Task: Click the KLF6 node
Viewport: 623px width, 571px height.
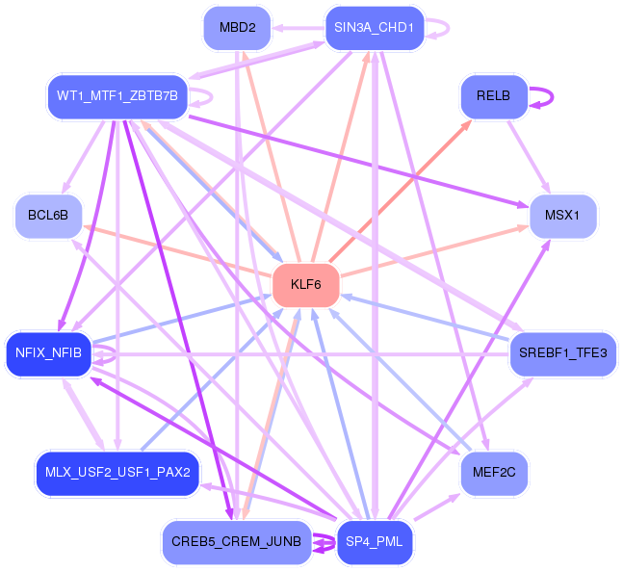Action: click(x=306, y=284)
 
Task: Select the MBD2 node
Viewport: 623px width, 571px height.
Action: click(x=237, y=28)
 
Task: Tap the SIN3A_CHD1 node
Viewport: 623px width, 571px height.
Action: click(x=375, y=28)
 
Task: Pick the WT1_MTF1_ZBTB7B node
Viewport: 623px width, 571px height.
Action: click(x=117, y=96)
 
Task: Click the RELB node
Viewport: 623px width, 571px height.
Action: click(x=494, y=96)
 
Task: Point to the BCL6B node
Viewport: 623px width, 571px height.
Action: click(x=48, y=216)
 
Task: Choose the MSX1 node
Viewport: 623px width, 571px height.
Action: click(x=562, y=216)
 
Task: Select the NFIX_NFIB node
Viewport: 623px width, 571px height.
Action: click(x=48, y=352)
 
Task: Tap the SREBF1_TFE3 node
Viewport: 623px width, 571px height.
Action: click(x=563, y=352)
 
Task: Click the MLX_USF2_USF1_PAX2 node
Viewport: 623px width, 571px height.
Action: click(x=117, y=473)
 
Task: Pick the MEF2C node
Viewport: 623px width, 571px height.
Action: click(x=494, y=473)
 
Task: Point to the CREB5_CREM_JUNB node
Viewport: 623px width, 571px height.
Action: click(x=237, y=541)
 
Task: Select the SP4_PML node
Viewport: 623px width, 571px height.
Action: click(x=375, y=541)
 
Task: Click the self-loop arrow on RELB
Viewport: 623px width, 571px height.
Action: click(x=552, y=96)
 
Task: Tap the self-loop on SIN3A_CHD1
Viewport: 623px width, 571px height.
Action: click(x=448, y=28)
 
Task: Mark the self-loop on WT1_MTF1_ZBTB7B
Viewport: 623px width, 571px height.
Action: click(x=212, y=96)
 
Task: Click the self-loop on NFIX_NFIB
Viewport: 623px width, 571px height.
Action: click(x=116, y=353)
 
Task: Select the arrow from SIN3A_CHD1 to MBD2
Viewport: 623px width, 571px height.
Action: click(x=299, y=28)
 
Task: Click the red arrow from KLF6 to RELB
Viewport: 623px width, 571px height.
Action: click(x=401, y=192)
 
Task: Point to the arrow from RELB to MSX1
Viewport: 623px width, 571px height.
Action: click(x=529, y=157)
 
